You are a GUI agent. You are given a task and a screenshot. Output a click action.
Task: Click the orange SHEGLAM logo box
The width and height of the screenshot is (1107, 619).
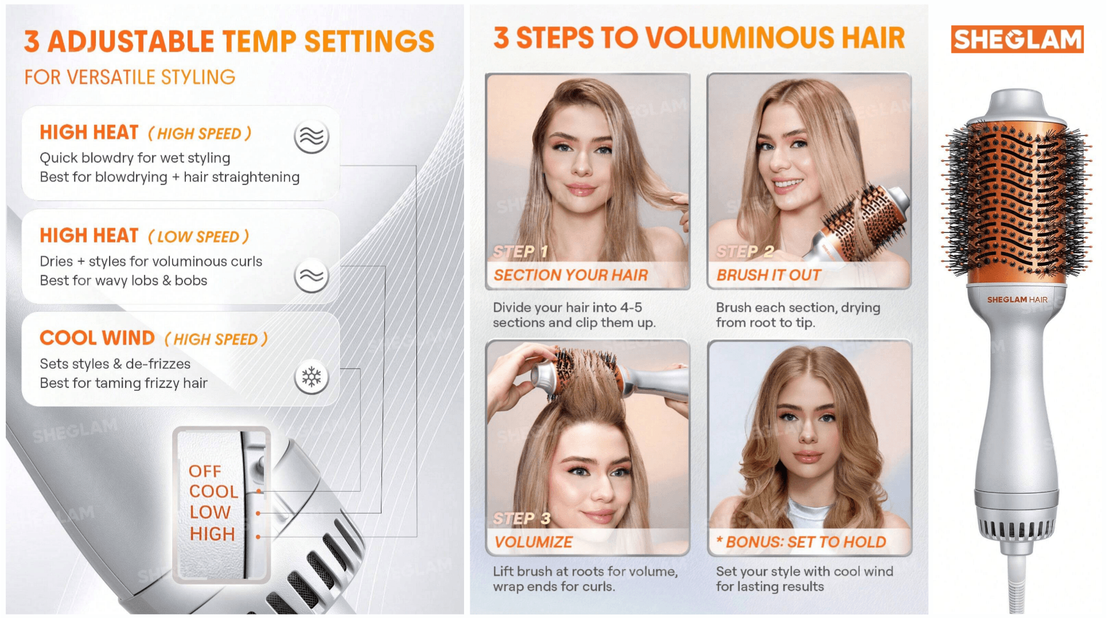[x=1017, y=39]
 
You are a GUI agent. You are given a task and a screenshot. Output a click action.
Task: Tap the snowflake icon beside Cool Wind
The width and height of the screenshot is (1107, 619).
[x=311, y=377]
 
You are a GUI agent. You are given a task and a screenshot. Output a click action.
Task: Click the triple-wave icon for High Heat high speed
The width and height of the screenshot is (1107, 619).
[x=311, y=137]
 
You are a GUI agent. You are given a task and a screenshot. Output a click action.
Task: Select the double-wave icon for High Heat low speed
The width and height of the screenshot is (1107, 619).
[x=311, y=276]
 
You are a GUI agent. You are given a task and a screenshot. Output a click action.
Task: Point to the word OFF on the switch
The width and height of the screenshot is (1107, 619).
[x=205, y=471]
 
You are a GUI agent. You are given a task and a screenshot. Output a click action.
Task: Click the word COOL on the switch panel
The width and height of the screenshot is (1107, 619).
[x=213, y=492]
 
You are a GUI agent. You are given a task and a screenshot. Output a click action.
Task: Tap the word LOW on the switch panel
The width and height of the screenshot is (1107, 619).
[x=210, y=512]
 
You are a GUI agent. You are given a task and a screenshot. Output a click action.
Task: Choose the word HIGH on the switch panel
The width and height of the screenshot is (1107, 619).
[x=212, y=534]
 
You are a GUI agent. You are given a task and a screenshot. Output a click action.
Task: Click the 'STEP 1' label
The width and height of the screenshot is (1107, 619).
[x=520, y=252]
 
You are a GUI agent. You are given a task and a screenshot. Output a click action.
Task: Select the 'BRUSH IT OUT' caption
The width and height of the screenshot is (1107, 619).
[x=769, y=275]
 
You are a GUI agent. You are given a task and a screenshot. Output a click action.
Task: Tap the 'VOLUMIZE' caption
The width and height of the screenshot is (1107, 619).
[x=533, y=542]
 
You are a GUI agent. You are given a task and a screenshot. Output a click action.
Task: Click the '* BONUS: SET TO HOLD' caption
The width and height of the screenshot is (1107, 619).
[x=801, y=542]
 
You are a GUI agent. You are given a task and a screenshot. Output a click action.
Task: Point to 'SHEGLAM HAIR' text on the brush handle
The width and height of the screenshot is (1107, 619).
[x=1017, y=299]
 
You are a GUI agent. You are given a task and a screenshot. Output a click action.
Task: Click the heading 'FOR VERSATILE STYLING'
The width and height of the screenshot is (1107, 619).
[x=130, y=77]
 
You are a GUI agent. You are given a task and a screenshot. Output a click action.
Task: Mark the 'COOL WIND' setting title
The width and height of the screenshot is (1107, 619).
[x=97, y=338]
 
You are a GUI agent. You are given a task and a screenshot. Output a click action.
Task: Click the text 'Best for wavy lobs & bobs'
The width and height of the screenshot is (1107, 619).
[x=123, y=281]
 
